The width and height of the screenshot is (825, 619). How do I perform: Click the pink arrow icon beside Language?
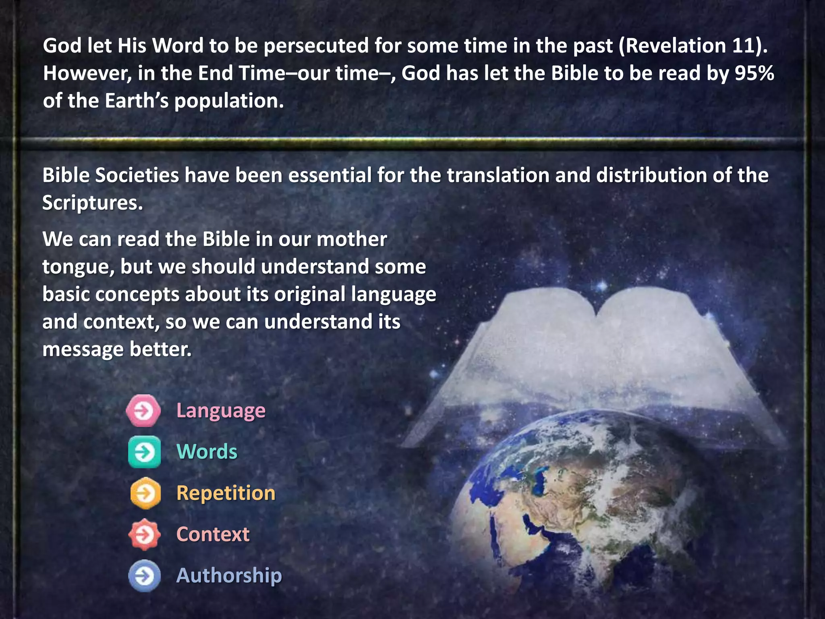[144, 411]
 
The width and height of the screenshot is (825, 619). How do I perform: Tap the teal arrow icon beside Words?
[144, 452]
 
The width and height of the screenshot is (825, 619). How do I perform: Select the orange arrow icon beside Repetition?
[145, 493]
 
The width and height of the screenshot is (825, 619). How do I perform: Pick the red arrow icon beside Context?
[144, 534]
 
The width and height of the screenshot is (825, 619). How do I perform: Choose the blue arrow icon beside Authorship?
[144, 575]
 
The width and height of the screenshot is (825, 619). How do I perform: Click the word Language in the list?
[221, 411]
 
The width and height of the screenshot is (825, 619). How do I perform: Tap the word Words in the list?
[207, 452]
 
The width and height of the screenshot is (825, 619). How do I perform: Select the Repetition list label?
[226, 493]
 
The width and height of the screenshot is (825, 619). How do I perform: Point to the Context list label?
[213, 534]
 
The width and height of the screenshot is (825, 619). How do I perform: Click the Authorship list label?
[229, 575]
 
